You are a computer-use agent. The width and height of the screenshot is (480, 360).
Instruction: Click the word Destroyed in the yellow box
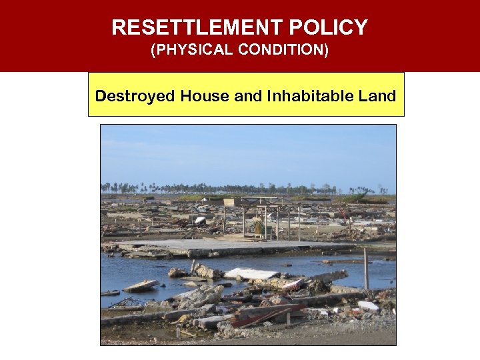tap(130, 96)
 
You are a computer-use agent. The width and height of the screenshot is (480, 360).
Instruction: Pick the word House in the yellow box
tap(203, 96)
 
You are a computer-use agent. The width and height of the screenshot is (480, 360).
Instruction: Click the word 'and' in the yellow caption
tap(249, 96)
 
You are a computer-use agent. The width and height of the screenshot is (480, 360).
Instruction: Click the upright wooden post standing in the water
tap(365, 268)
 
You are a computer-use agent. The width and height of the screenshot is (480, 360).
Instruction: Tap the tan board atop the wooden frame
tap(232, 202)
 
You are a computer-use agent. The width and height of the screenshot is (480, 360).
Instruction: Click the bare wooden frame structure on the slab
tap(263, 217)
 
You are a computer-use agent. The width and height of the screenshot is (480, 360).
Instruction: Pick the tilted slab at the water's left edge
tap(141, 285)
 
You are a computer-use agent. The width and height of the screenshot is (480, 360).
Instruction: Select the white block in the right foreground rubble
tap(368, 306)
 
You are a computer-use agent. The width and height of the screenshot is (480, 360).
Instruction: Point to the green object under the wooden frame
tap(258, 227)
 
